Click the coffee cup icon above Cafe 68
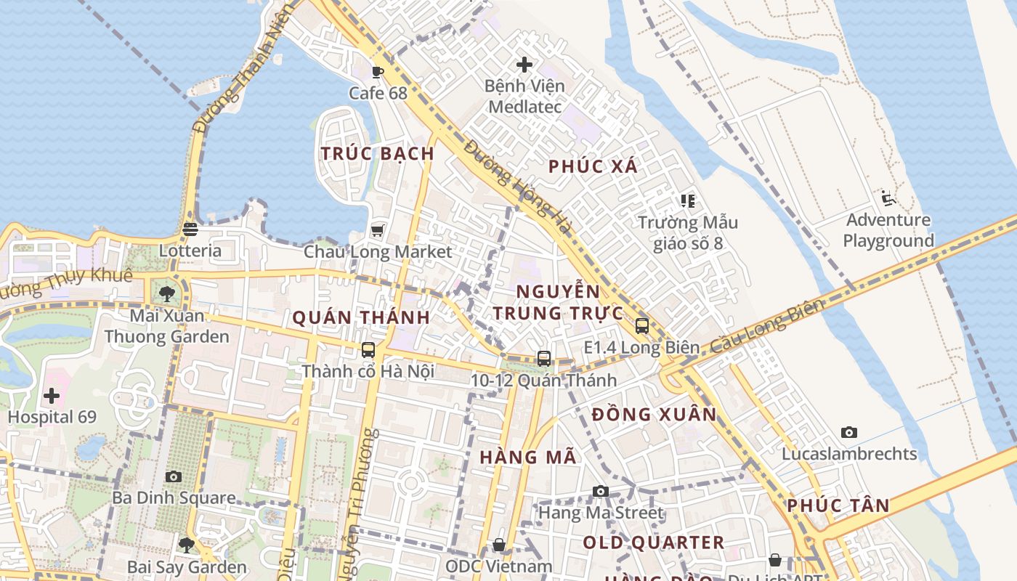(x=377, y=71)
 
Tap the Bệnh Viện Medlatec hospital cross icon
(x=524, y=65)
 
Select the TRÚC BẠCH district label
(x=378, y=154)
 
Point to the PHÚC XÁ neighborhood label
(x=593, y=166)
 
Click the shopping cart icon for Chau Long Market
(x=377, y=230)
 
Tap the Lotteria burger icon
(x=190, y=229)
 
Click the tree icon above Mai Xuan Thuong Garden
(x=167, y=294)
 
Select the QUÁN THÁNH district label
(x=361, y=317)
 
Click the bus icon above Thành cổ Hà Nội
(x=368, y=349)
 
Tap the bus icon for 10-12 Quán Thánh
(x=544, y=358)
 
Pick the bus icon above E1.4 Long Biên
(x=642, y=325)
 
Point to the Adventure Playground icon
(x=888, y=198)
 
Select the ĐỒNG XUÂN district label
(x=654, y=415)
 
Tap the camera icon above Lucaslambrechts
(x=849, y=432)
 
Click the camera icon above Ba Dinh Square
(x=174, y=476)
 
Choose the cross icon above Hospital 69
(x=52, y=396)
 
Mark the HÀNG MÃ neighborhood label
(x=528, y=457)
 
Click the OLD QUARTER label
(x=653, y=543)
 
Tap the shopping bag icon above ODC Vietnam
(x=499, y=545)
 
